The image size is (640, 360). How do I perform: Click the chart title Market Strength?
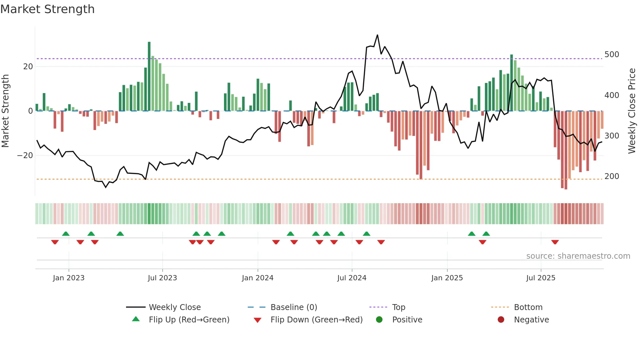(x=47, y=9)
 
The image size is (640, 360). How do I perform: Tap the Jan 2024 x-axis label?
(x=258, y=278)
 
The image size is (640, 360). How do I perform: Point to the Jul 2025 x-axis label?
(x=541, y=278)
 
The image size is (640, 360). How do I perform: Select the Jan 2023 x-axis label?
(x=69, y=278)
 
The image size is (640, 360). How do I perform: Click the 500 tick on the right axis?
(x=612, y=55)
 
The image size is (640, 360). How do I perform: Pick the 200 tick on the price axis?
(x=612, y=176)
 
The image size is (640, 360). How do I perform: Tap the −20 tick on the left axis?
(x=25, y=155)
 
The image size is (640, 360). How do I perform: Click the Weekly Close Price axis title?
(x=632, y=111)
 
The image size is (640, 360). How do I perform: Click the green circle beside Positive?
(x=379, y=319)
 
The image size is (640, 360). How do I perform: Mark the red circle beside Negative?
(x=501, y=319)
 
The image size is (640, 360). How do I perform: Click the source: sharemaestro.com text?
(x=578, y=256)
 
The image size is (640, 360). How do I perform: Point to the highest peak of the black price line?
(x=377, y=35)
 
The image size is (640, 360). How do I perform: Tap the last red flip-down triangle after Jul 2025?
(x=555, y=242)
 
